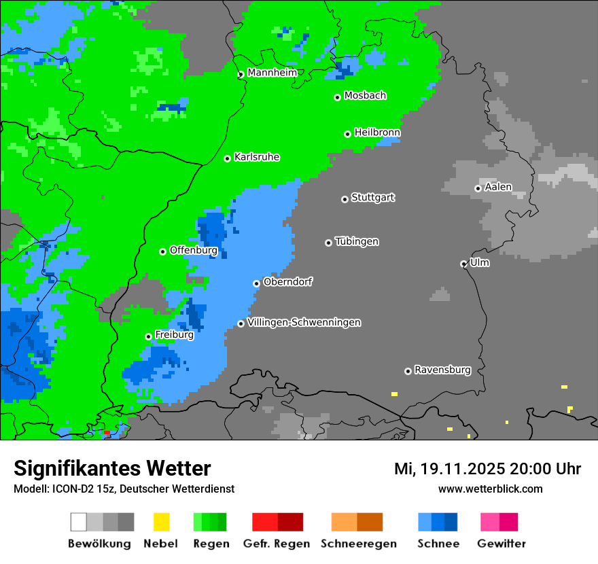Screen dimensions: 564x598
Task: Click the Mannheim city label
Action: click(272, 73)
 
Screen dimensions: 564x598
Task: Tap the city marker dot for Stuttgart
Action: click(345, 199)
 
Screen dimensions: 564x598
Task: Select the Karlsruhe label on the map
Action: click(257, 157)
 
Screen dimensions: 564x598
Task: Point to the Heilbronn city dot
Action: click(347, 134)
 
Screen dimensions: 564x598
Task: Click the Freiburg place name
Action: click(174, 335)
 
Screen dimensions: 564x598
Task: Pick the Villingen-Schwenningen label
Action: click(304, 322)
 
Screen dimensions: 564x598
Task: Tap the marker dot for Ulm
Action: click(463, 264)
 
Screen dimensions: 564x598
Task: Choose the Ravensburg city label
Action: click(442, 370)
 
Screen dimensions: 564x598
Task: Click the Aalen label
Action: click(498, 187)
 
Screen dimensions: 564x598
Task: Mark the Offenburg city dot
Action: click(162, 251)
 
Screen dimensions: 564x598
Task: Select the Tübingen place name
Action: click(357, 241)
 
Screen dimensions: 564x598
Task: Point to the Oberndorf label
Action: click(287, 281)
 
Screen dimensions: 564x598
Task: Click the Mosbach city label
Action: click(365, 96)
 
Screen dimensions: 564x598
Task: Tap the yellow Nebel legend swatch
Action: click(161, 522)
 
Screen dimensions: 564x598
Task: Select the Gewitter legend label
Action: click(501, 544)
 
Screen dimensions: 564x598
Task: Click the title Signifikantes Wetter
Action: click(112, 469)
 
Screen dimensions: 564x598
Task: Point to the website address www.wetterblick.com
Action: click(490, 489)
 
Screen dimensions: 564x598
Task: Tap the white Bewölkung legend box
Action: click(79, 522)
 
